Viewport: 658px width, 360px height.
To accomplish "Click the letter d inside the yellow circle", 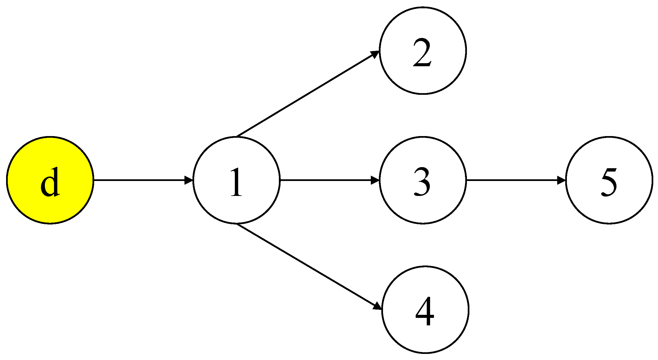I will [x=50, y=182].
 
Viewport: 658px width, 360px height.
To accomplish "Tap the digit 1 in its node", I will [x=236, y=182].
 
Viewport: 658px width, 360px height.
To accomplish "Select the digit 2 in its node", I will [x=422, y=53].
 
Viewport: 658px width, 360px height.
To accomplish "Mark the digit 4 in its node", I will [x=425, y=311].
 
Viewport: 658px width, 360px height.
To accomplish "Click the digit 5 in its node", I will [x=609, y=182].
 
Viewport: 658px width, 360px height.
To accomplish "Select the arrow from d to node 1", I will [x=141, y=180].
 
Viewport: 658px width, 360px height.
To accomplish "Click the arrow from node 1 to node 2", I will [x=305, y=94].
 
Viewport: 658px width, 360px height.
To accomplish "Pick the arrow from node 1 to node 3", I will [x=327, y=180].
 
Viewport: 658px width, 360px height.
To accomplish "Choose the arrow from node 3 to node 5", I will [x=512, y=180].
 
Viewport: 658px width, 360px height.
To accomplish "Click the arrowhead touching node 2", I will [x=374, y=54].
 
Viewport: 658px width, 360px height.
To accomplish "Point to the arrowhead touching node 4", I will [x=377, y=306].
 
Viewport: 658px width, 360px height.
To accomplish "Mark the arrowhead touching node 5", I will [x=561, y=180].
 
